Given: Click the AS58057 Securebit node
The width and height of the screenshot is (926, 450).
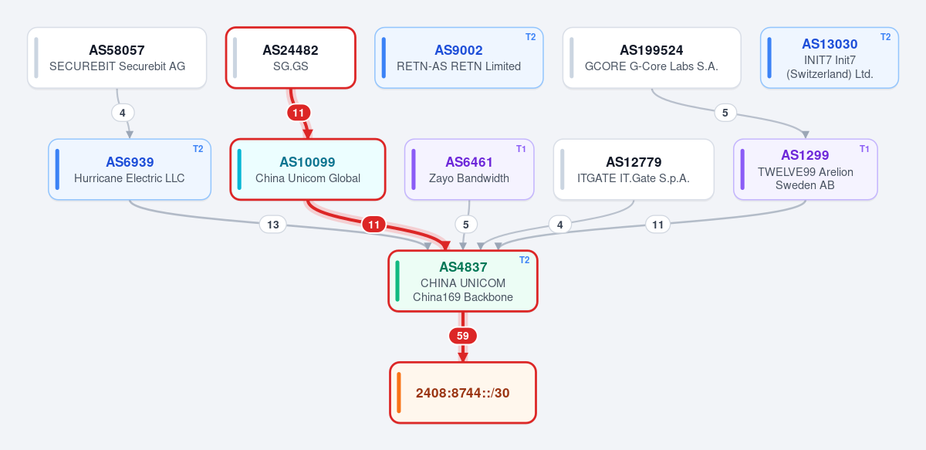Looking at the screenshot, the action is point(117,58).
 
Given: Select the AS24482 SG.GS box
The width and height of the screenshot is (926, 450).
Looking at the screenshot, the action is point(291,58).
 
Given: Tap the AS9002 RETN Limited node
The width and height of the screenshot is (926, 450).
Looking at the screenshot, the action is point(459,58).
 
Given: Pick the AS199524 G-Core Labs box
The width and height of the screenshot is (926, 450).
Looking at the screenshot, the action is point(651,58).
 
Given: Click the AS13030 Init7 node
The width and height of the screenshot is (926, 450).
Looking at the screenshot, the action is point(830,58).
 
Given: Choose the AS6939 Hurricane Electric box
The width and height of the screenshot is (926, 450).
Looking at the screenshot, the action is point(130,170).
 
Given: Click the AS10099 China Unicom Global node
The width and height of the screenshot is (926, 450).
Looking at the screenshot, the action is point(308,170).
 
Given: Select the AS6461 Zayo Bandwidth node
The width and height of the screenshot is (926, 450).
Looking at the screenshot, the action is point(469,170).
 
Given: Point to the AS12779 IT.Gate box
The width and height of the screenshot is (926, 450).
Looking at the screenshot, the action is point(634,170).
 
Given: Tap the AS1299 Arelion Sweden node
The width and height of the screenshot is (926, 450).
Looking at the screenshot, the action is point(806,170).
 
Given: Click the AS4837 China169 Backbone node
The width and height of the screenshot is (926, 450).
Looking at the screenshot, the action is point(463,281).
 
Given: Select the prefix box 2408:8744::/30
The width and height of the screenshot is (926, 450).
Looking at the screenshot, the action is point(463,393).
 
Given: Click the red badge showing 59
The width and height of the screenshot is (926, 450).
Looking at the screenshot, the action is point(463,336).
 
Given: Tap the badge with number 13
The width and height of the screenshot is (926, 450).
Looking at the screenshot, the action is point(273,225).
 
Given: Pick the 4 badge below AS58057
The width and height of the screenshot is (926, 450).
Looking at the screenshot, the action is point(123,113).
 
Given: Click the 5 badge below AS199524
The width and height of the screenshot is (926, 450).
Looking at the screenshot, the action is point(725,113).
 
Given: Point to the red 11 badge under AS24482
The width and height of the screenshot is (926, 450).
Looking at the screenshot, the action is point(299,113).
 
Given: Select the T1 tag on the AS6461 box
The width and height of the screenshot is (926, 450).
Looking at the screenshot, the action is point(521,149).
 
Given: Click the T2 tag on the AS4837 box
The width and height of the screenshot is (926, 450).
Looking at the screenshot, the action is point(524,260).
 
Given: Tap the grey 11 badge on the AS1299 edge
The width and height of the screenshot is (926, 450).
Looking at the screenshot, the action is point(657,225).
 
